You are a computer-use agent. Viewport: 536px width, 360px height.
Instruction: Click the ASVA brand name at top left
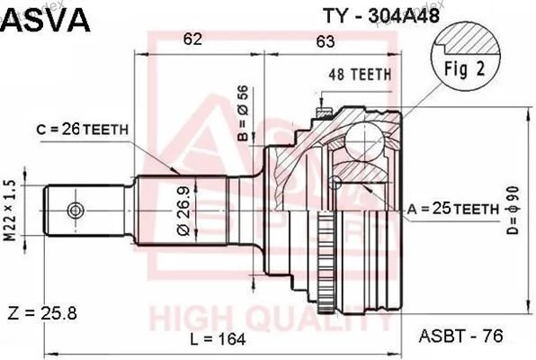point(46,20)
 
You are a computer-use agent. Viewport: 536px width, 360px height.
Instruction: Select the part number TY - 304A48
point(381,15)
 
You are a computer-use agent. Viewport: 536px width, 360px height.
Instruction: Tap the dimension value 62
point(192,39)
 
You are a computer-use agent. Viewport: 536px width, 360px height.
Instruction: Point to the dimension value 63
point(325,41)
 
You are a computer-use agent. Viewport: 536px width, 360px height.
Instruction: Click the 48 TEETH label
point(360,75)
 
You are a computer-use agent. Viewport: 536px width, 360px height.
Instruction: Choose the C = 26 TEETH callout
point(82,130)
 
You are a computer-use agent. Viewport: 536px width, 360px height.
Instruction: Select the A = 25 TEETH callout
point(453,209)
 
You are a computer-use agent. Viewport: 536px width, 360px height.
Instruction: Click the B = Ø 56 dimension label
point(243,113)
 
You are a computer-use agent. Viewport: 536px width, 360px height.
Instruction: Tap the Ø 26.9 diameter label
point(183,211)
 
